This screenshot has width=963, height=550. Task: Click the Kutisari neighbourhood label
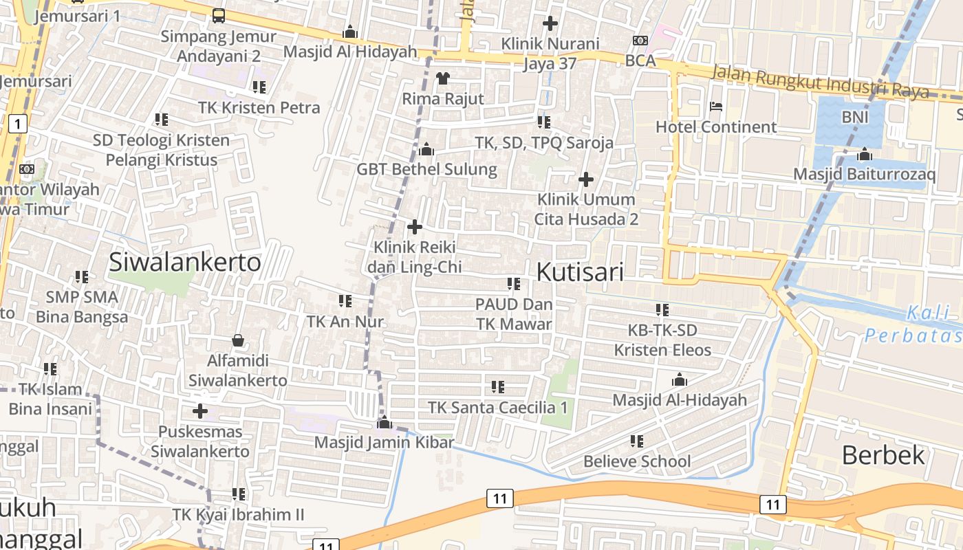click(x=579, y=272)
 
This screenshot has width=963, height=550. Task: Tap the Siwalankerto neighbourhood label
click(x=185, y=262)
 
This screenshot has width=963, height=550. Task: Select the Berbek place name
click(x=883, y=455)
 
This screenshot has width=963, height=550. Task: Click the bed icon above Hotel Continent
click(x=715, y=107)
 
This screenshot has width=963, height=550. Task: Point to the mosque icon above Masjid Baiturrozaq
click(x=865, y=154)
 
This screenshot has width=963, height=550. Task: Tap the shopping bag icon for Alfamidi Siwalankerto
click(x=238, y=340)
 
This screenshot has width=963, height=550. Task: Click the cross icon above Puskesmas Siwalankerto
click(x=200, y=412)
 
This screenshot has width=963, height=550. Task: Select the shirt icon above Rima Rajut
click(x=443, y=78)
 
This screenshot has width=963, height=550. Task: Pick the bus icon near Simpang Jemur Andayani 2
click(x=218, y=15)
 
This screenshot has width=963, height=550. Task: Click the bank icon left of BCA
click(x=640, y=41)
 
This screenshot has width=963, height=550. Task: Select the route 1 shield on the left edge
click(x=18, y=124)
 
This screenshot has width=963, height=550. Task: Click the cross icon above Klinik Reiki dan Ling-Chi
click(x=415, y=226)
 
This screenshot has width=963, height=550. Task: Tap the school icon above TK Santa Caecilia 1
click(x=498, y=387)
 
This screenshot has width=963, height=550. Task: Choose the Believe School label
click(x=637, y=461)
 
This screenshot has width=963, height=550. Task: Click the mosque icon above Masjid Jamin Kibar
click(x=384, y=422)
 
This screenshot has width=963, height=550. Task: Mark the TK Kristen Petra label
click(x=259, y=108)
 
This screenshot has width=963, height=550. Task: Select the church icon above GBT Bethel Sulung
click(x=426, y=149)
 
